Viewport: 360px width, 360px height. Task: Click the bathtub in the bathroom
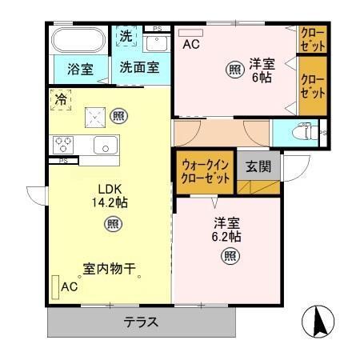78,41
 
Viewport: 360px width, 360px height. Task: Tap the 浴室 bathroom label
80,69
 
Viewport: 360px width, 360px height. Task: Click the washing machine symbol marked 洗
126,36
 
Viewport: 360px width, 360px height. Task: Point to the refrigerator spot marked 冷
61,99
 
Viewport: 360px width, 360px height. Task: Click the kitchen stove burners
64,144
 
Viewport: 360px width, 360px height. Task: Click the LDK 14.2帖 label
108,196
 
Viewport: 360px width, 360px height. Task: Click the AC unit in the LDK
56,286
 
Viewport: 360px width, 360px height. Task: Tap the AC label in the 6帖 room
190,45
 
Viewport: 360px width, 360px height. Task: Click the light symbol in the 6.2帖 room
229,256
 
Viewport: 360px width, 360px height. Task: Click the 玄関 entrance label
258,167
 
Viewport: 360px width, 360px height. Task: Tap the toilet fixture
304,131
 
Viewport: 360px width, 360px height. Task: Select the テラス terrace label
141,323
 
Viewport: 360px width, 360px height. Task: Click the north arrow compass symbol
318,322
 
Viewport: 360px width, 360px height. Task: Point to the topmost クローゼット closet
312,40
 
